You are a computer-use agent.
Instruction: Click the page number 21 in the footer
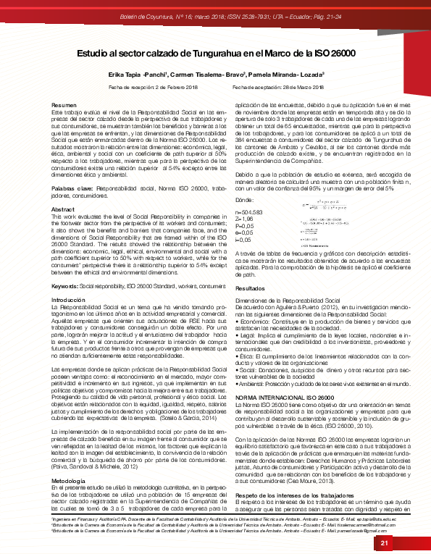[x=385, y=543]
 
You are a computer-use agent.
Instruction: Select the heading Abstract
[x=63, y=188]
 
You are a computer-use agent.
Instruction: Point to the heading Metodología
[x=70, y=459]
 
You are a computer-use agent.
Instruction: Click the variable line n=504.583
[x=250, y=213]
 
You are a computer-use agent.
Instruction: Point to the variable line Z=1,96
[x=246, y=219]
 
